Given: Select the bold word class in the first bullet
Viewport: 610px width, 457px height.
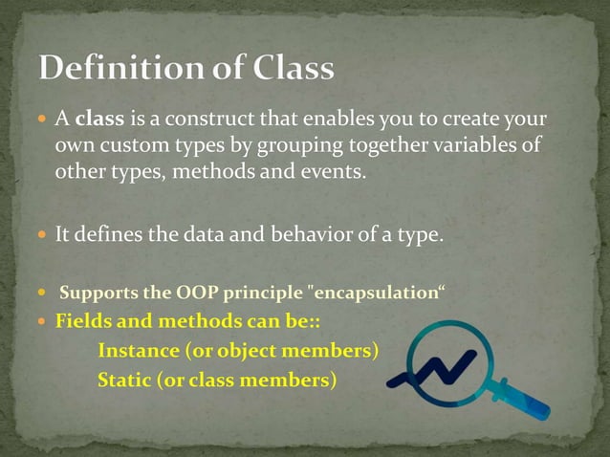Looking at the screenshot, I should [x=96, y=120].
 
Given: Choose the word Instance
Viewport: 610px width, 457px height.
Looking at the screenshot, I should [x=138, y=351].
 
